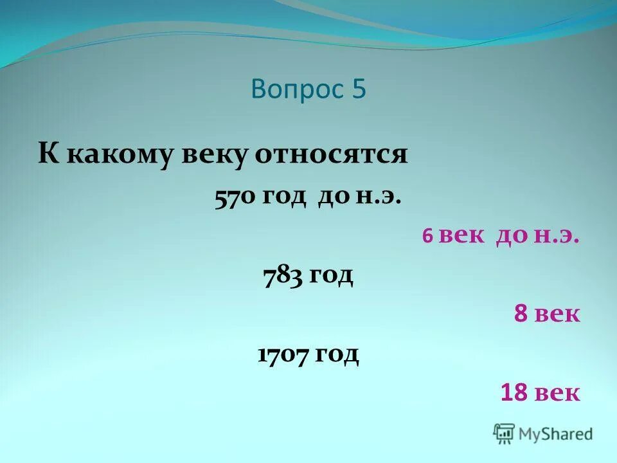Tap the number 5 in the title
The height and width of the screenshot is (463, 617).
[x=359, y=89]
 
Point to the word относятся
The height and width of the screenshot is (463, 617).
[x=331, y=156]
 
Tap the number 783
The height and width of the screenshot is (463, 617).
[x=283, y=276]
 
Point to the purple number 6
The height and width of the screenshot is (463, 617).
[x=427, y=237]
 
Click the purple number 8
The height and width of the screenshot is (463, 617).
[x=521, y=314]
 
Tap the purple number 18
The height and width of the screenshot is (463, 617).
[x=515, y=392]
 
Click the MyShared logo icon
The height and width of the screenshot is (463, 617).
[x=504, y=433]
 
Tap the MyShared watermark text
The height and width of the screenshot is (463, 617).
[x=556, y=434]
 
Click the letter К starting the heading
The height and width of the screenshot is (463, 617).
[x=46, y=156]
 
